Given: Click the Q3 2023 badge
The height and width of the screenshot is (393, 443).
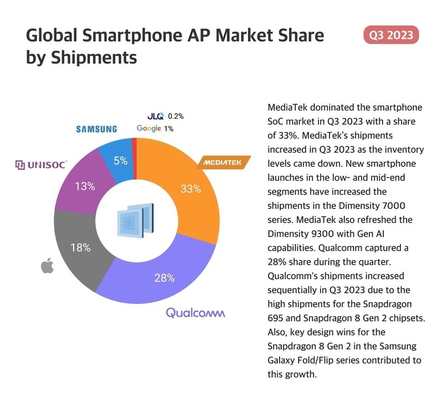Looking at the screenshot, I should coord(392,35).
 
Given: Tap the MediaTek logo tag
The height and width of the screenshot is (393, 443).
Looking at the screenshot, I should coord(225,163).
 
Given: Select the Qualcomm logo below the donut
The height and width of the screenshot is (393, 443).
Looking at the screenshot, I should coord(195,313).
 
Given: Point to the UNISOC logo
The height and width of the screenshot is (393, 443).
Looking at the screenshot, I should coord(41,165).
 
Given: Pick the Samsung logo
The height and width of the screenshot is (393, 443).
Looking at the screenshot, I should coord(96,129).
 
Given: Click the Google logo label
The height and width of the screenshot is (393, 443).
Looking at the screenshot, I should coord(149,129).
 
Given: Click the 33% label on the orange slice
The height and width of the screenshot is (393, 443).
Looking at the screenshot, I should coord(190,188).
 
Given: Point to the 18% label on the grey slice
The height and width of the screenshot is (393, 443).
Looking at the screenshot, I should coord(81,248).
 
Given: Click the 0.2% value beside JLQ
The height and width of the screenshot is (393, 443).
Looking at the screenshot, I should coord(175,116).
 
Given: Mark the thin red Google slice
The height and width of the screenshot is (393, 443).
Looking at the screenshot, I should coord(133,143).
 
